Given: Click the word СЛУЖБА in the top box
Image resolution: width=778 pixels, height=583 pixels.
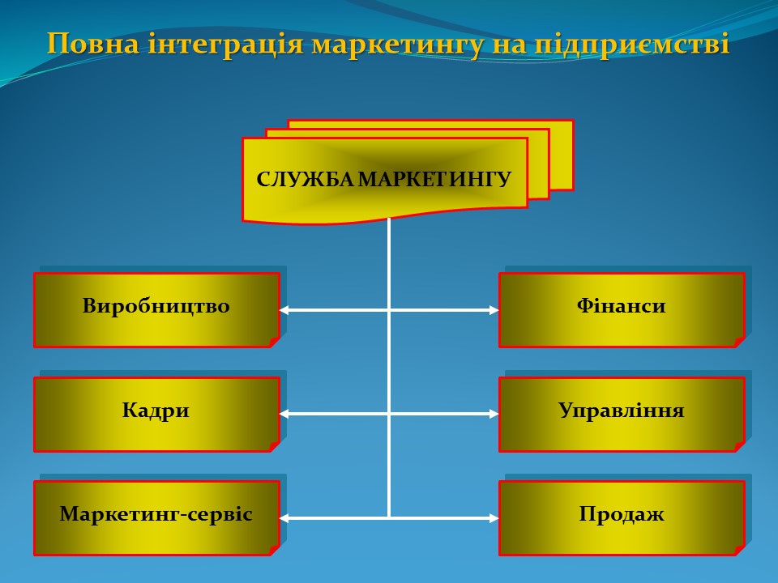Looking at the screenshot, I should (305, 179).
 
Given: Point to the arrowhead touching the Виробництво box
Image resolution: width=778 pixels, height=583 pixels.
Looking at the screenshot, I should (284, 309).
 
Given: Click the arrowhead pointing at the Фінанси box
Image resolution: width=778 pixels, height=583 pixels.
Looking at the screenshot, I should (494, 309).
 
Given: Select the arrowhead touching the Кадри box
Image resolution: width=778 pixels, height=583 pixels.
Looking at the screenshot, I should (284, 414).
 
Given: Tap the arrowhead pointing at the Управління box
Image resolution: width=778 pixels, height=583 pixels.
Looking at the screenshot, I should (494, 414).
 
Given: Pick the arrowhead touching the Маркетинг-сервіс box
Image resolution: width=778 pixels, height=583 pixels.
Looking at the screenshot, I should (284, 517).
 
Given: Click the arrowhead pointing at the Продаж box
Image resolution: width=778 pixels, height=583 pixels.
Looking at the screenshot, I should (494, 517).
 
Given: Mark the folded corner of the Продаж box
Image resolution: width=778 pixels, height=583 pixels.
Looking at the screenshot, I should (739, 550).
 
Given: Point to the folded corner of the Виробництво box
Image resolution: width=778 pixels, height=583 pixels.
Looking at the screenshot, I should (274, 343).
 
